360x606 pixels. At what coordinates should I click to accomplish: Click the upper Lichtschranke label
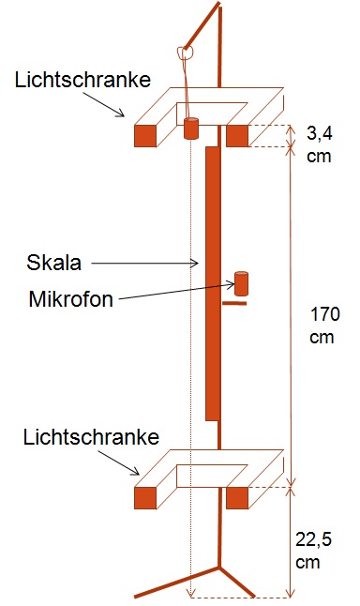tap(82, 80)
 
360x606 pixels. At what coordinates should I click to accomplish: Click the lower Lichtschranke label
tap(91, 437)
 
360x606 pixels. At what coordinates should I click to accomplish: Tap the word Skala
tap(53, 263)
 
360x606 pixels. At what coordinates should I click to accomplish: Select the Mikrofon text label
tap(71, 298)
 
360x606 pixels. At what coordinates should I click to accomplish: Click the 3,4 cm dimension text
tap(320, 144)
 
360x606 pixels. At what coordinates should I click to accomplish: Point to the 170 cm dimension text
tap(325, 326)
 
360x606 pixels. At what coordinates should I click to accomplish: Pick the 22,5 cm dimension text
tap(313, 551)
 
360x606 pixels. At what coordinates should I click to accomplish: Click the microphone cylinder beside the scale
tap(241, 283)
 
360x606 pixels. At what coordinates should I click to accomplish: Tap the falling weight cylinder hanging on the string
tap(190, 129)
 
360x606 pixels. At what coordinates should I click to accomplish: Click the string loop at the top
tap(185, 53)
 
